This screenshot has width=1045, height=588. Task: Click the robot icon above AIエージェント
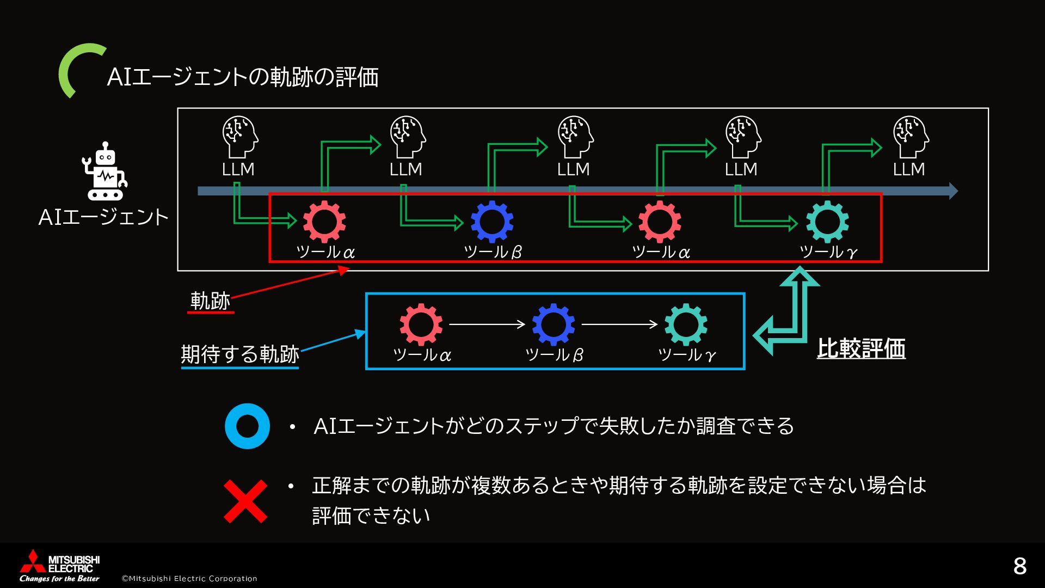point(105,171)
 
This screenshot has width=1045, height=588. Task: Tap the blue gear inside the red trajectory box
point(492,222)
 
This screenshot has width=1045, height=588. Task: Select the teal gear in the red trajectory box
point(827,222)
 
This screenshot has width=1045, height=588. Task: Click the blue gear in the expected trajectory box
point(554,324)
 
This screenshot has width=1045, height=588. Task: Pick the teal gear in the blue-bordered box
point(686,324)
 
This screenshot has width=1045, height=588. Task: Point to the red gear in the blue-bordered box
point(421,324)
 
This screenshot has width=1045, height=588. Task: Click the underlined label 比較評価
point(861,348)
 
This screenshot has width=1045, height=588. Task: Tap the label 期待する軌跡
point(240,354)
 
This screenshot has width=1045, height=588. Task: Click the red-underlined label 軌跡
point(211,301)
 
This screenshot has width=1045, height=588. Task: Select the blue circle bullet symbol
point(247,426)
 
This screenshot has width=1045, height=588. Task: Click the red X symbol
point(246,501)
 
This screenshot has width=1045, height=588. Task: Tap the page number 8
point(1019,566)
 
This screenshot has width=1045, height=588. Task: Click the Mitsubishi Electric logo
point(59,566)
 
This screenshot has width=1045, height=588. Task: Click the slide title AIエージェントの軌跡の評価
point(243,77)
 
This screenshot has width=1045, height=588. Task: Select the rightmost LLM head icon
point(910,136)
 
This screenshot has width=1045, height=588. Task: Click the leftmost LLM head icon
point(239,136)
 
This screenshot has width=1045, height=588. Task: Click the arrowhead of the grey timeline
point(953,191)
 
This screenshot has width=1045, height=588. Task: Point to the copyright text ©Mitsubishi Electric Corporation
point(189,578)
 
